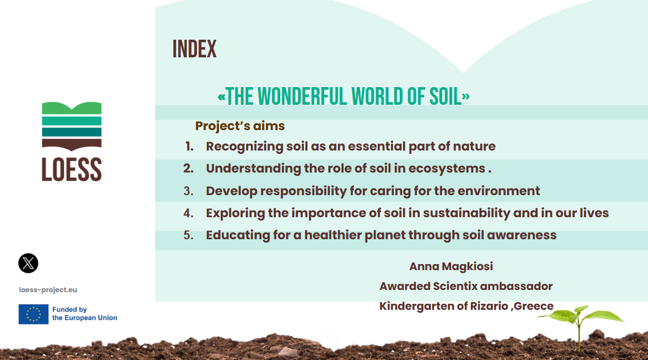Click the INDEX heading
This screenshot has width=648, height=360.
point(194,49)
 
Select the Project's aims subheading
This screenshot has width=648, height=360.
point(240,126)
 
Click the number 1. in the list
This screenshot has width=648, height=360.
point(189,146)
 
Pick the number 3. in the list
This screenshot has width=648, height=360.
point(189,191)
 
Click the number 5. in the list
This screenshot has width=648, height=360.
point(189,235)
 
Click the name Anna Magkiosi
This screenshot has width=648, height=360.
point(451,267)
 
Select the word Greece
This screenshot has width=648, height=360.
point(533,306)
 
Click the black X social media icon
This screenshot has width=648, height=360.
point(28,264)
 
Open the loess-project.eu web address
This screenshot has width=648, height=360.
point(48,290)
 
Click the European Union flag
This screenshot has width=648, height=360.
point(34,314)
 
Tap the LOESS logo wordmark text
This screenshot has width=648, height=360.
point(72,169)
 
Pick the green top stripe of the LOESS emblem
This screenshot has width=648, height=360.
point(72,108)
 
